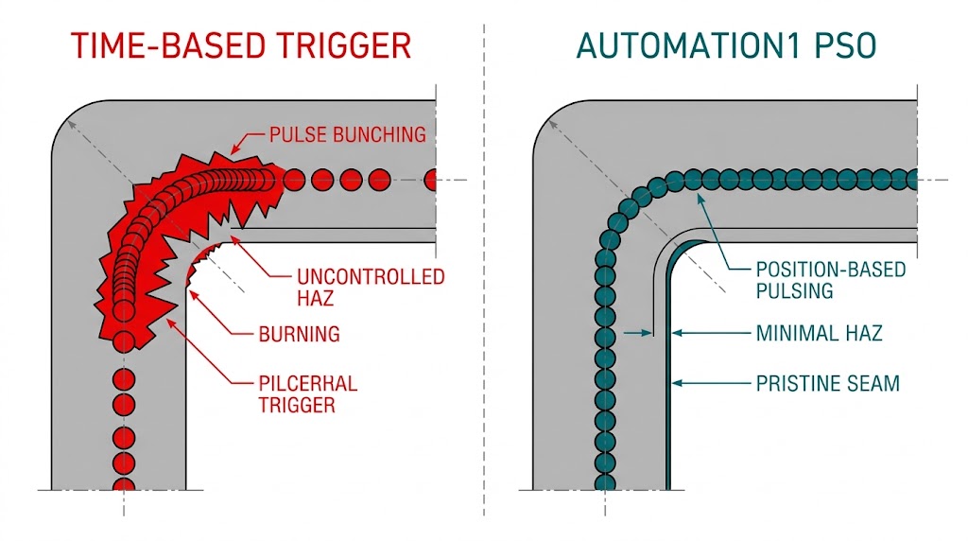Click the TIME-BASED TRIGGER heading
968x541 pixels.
coord(242,45)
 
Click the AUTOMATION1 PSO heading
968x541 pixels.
coord(725,45)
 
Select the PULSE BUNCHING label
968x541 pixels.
coord(348,135)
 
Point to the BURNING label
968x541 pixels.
coord(299,334)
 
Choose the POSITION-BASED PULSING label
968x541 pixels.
coord(830,280)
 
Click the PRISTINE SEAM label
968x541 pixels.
coord(827,384)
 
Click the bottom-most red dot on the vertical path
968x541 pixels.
coord(123,486)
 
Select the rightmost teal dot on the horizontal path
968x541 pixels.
coord(913,178)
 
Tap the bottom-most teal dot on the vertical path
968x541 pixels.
coord(606,482)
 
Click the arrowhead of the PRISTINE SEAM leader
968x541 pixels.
coord(674,384)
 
